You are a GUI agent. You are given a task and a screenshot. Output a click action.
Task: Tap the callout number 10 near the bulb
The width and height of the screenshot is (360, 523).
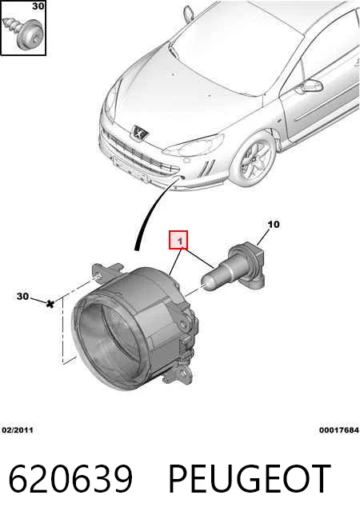point(274,224)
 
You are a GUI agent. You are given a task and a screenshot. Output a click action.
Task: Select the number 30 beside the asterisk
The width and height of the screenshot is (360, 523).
point(22,296)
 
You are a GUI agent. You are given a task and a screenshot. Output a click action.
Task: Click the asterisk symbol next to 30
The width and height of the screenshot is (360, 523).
point(50,304)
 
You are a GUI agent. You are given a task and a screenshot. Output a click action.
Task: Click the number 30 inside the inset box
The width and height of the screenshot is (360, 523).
point(38,6)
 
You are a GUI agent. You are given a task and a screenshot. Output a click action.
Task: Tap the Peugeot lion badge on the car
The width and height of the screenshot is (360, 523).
point(140,133)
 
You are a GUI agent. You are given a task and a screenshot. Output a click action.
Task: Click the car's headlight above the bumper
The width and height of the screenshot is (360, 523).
point(194,146)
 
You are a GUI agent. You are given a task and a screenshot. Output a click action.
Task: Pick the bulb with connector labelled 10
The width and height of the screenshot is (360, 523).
point(235,268)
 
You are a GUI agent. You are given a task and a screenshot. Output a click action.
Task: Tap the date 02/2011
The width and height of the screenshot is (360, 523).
point(18,430)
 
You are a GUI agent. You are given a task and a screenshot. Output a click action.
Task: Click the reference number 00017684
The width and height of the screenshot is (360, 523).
point(339,430)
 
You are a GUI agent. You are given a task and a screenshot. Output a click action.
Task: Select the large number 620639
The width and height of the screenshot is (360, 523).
point(70,478)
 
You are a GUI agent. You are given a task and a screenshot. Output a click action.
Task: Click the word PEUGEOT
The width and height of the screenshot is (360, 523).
point(250,478)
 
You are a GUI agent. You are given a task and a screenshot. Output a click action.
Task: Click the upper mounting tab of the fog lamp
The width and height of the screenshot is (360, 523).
point(106,272)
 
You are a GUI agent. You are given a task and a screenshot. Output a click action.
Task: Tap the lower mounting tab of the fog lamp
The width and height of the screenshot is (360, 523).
point(179,375)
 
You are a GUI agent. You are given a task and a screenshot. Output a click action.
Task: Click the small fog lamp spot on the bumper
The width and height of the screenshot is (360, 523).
point(182,177)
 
